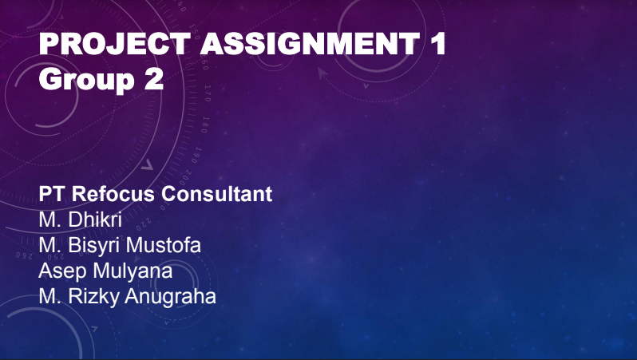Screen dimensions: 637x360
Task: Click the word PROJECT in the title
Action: [115, 43]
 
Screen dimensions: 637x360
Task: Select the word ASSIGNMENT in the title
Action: [311, 43]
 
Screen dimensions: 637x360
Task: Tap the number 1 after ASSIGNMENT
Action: [438, 43]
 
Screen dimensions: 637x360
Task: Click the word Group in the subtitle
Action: [86, 80]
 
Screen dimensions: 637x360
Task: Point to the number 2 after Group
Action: [154, 79]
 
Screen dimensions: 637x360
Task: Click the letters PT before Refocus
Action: [52, 194]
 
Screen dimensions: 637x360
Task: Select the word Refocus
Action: [113, 194]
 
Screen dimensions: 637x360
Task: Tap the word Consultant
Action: [217, 194]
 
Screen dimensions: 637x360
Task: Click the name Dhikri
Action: [95, 220]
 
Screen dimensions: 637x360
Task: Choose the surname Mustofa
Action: [164, 245]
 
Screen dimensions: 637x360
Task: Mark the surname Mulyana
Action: [133, 271]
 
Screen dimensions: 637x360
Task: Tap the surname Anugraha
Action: [170, 296]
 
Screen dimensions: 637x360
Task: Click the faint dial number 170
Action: [208, 93]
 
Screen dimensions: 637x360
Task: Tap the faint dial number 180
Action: [205, 125]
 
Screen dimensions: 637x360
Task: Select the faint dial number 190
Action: [196, 155]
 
